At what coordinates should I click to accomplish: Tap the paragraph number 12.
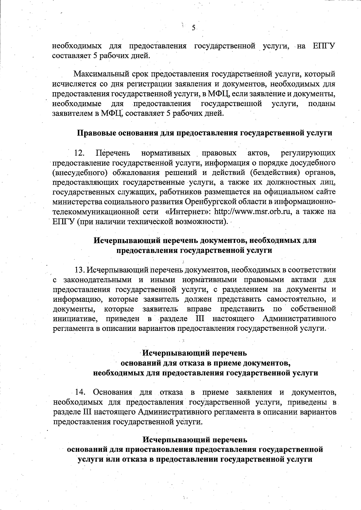[x=79, y=153]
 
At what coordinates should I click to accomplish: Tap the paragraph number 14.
[x=80, y=392]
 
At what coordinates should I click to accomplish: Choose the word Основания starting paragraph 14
[x=113, y=392]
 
